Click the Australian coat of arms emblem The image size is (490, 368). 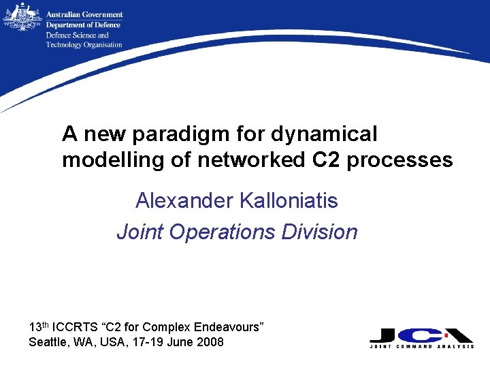tap(21, 17)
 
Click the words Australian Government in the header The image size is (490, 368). tap(84, 14)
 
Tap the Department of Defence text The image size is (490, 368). tap(82, 25)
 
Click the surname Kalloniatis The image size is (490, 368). tap(288, 200)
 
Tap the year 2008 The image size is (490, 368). tap(210, 342)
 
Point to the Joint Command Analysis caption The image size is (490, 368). tap(422, 347)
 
